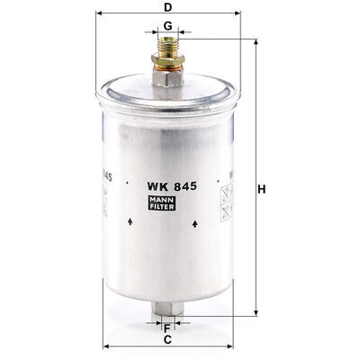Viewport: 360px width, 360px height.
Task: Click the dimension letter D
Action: point(167,7)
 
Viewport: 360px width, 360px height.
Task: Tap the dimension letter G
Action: point(168,26)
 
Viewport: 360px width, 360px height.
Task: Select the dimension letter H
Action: point(262,190)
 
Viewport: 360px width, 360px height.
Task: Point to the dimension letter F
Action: point(167,328)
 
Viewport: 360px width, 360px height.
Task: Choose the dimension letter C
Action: point(167,340)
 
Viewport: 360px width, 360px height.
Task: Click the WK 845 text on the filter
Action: point(172,186)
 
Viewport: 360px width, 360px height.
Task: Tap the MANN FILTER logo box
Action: point(162,202)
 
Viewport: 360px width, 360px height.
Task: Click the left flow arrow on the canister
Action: point(130,222)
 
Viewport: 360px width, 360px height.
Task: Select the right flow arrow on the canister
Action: point(195,223)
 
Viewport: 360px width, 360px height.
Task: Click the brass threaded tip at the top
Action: point(167,46)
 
